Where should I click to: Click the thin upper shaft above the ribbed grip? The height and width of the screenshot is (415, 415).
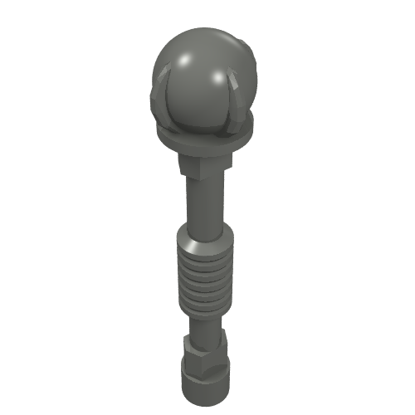[x=202, y=207]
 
